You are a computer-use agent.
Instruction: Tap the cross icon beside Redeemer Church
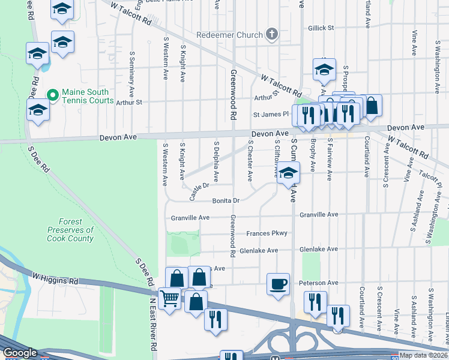click(272, 34)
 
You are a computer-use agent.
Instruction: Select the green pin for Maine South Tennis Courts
click(53, 95)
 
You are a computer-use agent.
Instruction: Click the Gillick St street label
click(321, 28)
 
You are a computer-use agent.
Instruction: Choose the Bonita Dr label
click(226, 201)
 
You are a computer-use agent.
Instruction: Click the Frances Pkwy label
click(267, 233)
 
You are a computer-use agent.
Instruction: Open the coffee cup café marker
click(279, 284)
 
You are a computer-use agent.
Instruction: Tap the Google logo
click(20, 353)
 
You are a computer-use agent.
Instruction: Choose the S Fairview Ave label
click(330, 159)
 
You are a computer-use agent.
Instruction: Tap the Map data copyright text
click(423, 355)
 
